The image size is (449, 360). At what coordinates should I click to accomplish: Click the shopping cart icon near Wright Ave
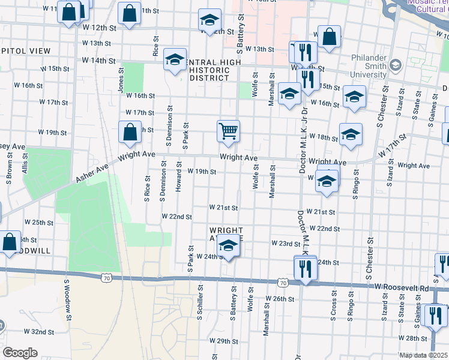(228, 131)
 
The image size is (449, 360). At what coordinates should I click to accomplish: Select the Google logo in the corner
(20, 353)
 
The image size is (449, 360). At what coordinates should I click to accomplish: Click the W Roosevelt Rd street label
(402, 288)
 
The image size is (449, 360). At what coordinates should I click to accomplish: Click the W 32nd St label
(39, 331)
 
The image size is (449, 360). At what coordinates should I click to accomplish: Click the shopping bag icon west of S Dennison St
(130, 133)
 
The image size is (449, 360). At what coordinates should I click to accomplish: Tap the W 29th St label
(228, 341)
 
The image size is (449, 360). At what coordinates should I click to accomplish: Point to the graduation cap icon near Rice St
(175, 60)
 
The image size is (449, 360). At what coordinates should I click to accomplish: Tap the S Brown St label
(10, 166)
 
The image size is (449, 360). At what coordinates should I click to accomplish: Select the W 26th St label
(283, 298)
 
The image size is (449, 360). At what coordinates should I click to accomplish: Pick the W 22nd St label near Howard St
(177, 217)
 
